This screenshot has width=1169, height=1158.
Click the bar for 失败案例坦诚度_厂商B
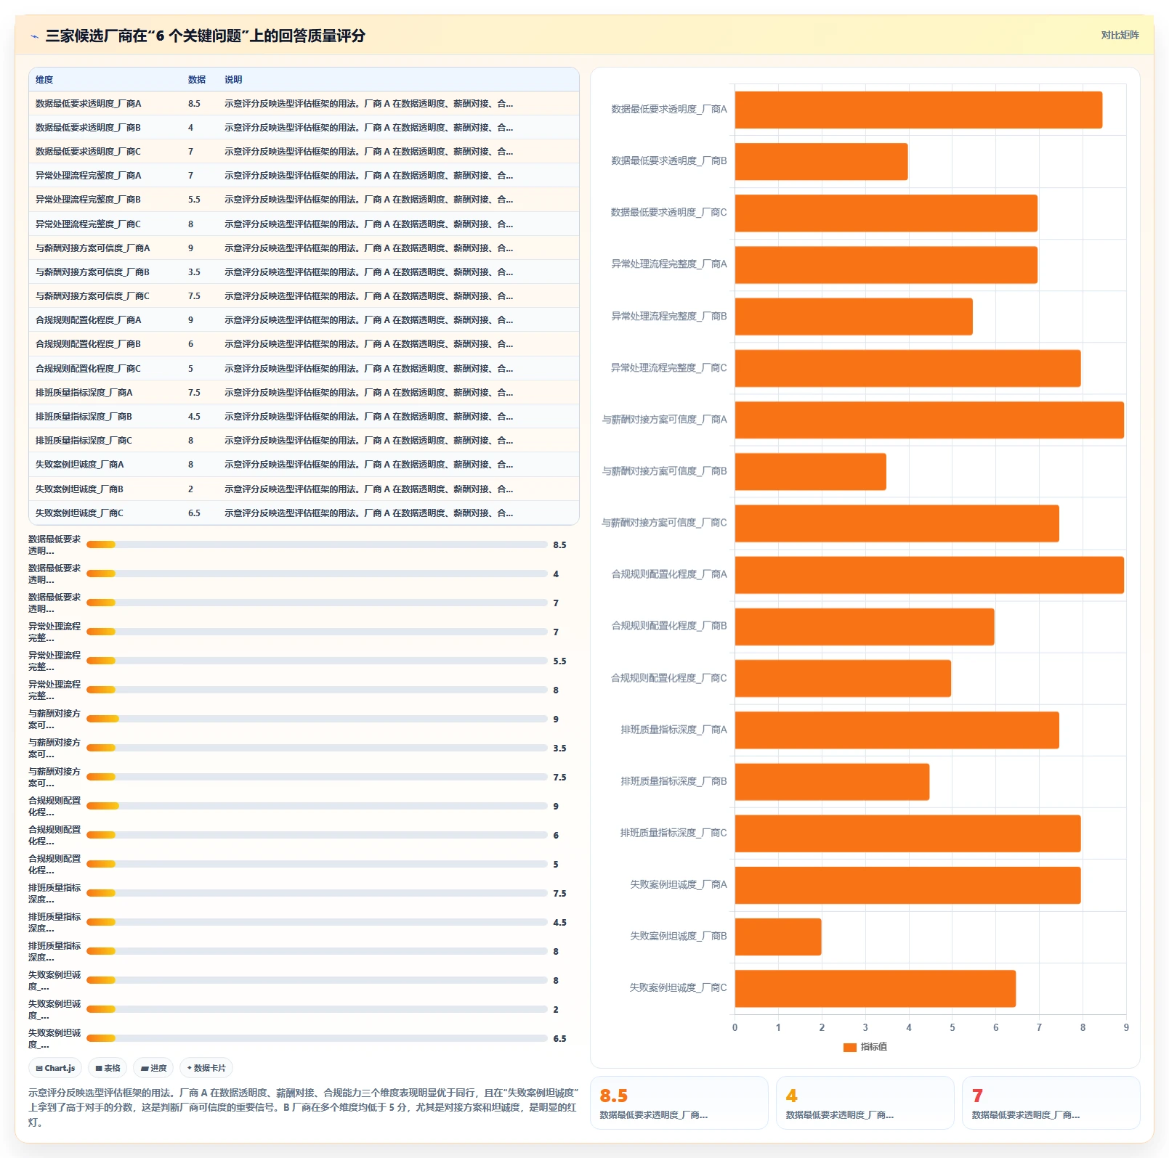click(x=778, y=937)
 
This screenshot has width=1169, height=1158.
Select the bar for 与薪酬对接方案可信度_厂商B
click(x=811, y=472)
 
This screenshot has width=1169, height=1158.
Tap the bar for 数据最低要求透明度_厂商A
click(x=918, y=110)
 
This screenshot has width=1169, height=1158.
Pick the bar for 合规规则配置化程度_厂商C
click(x=843, y=678)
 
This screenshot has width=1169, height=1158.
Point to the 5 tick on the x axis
click(x=952, y=1027)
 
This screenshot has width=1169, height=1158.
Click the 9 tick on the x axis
click(x=1126, y=1027)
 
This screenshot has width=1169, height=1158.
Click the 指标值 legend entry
click(x=865, y=1047)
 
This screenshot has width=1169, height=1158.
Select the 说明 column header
click(x=233, y=80)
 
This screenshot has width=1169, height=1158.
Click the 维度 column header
click(x=44, y=80)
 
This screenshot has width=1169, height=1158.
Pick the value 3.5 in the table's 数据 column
click(x=194, y=272)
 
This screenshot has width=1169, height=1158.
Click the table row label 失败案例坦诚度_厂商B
click(x=79, y=489)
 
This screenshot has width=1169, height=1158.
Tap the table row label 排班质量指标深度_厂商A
click(x=84, y=393)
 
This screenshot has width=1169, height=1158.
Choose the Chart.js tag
click(x=55, y=1068)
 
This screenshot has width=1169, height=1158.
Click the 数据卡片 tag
click(x=206, y=1068)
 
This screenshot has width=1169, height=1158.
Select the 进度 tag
click(x=153, y=1068)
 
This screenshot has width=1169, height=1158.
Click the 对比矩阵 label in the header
click(x=1120, y=35)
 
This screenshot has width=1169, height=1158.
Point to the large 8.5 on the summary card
click(x=613, y=1096)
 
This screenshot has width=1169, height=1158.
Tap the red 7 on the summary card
click(x=977, y=1096)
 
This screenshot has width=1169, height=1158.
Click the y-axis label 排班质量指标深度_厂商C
click(x=674, y=833)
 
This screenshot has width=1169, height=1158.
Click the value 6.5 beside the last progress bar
click(x=559, y=1039)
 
